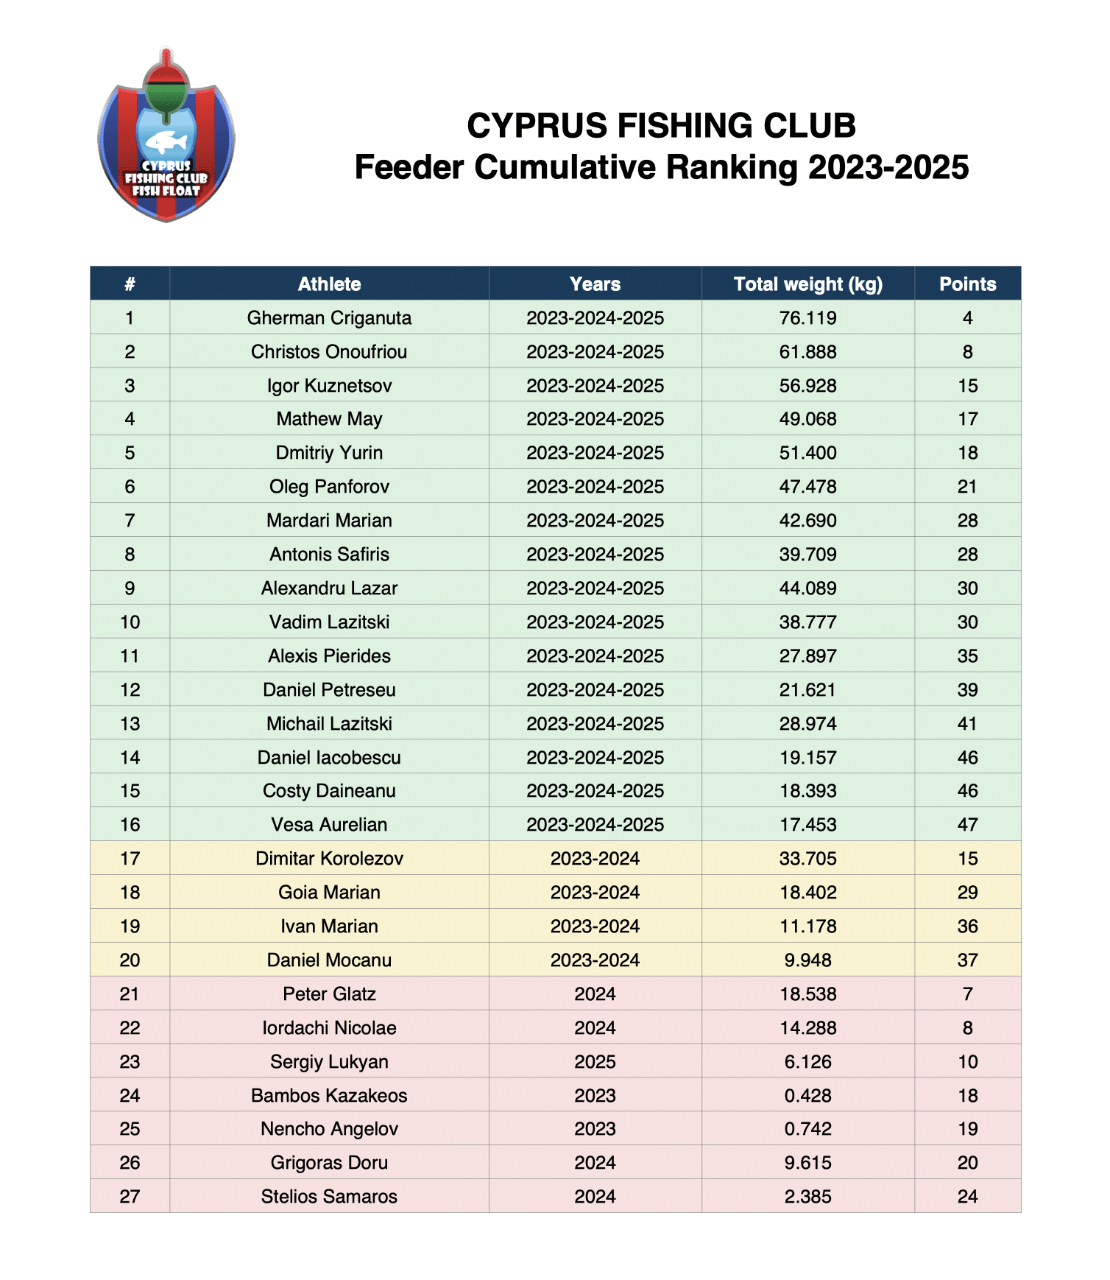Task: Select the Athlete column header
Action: pyautogui.click(x=329, y=284)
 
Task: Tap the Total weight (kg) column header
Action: pyautogui.click(x=807, y=284)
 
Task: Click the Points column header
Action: pyautogui.click(x=967, y=284)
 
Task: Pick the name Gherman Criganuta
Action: pyautogui.click(x=329, y=318)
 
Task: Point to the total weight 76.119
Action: pyautogui.click(x=807, y=318)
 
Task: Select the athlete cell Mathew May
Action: pyautogui.click(x=329, y=419)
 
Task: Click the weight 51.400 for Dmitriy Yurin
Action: pyautogui.click(x=807, y=453)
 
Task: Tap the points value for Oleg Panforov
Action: pyautogui.click(x=967, y=487)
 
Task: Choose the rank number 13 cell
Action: pyautogui.click(x=130, y=724)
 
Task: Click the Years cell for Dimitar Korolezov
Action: pyautogui.click(x=595, y=859)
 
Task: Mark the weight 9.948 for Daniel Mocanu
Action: pyautogui.click(x=807, y=960)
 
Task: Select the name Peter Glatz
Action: pyautogui.click(x=329, y=994)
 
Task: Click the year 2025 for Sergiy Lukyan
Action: pyautogui.click(x=595, y=1062)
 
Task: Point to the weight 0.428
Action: pyautogui.click(x=807, y=1096)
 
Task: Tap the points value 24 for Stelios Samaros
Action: pyautogui.click(x=967, y=1197)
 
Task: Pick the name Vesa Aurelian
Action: pyautogui.click(x=329, y=825)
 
